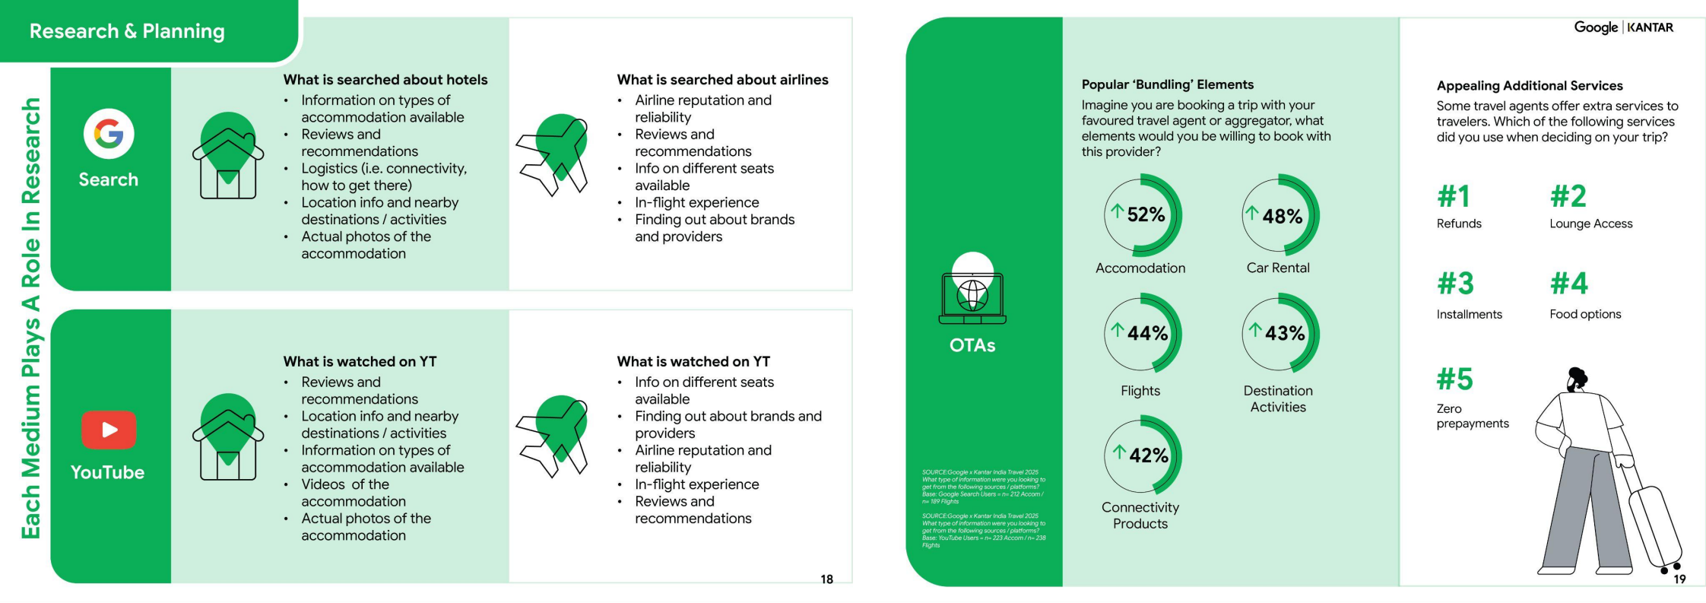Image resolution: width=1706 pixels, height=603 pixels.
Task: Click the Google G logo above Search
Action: pos(109,134)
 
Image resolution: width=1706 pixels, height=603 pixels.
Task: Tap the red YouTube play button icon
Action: pos(109,430)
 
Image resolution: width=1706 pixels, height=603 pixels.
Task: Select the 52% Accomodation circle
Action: pos(1142,215)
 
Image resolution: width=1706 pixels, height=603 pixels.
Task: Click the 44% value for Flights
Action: pos(1146,333)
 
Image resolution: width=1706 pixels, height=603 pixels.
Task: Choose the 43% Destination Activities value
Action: pos(1284,333)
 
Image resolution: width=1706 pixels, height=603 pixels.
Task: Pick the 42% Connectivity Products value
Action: pos(1147,455)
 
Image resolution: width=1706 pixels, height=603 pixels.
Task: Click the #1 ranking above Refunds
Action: pos(1453,197)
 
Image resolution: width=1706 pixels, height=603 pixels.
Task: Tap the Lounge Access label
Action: pos(1590,224)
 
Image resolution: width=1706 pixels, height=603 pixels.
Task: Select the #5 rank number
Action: pos(1454,379)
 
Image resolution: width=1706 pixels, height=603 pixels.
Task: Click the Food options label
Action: pos(1585,314)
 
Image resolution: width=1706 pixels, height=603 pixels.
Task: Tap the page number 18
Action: pos(826,579)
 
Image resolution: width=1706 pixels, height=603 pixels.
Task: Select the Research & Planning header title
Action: pos(127,31)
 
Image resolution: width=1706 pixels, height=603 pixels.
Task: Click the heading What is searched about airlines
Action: pos(722,80)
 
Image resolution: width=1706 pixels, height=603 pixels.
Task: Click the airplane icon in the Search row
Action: pos(554,154)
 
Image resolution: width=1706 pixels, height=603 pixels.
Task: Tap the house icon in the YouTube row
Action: pos(228,437)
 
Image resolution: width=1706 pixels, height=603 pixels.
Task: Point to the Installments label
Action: pos(1469,314)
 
